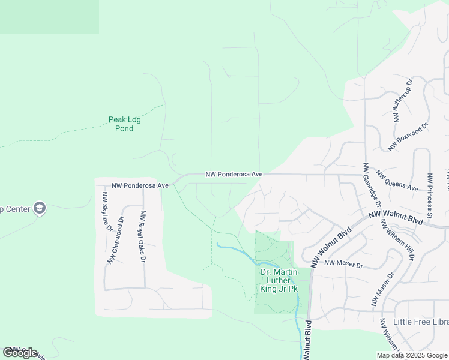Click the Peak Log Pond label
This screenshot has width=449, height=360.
(x=124, y=124)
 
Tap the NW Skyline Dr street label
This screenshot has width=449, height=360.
(x=107, y=212)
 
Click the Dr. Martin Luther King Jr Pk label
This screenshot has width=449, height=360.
(x=279, y=280)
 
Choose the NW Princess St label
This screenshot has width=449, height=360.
(x=430, y=196)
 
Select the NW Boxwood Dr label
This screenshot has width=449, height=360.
(x=408, y=136)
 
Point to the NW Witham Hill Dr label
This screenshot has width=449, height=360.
(x=397, y=240)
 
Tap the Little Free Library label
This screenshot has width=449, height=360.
(x=420, y=322)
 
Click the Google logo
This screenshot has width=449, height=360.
(x=20, y=353)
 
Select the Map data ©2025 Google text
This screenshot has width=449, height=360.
(x=411, y=355)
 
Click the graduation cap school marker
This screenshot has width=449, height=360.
(x=40, y=208)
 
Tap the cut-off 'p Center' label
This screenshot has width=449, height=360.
(x=15, y=209)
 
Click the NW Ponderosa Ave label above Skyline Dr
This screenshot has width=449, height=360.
(x=140, y=186)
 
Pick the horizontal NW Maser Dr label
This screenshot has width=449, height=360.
(x=343, y=264)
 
